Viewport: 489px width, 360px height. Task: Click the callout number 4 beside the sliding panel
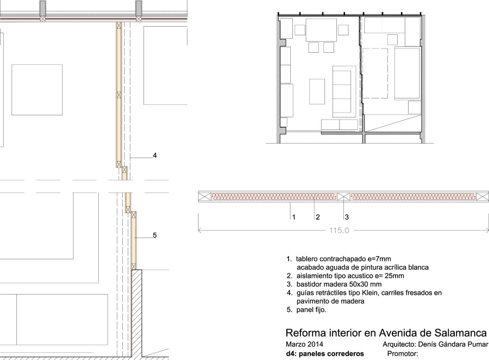(155, 155)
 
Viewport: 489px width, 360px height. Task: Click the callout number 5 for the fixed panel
(155, 235)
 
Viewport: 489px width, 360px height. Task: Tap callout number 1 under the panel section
(294, 217)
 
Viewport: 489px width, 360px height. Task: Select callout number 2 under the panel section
(318, 217)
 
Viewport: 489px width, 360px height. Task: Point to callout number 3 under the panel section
(347, 217)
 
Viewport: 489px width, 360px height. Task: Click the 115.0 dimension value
(339, 231)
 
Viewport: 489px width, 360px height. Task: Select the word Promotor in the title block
(402, 354)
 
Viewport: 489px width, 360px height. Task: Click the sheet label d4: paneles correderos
(325, 354)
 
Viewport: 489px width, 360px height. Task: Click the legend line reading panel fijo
(311, 310)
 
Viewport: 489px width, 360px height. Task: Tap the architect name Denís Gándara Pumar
(453, 344)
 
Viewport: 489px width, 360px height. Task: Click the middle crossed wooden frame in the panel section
(344, 196)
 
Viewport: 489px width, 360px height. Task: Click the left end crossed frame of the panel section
(205, 196)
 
